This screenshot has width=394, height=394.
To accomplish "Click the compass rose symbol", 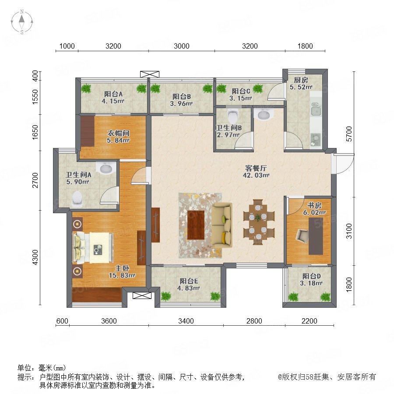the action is (x=22, y=22).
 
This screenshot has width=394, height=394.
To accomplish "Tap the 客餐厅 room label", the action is (x=256, y=168).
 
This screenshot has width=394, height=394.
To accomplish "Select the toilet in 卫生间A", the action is (x=77, y=199).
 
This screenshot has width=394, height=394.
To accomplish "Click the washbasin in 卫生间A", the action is (x=106, y=168).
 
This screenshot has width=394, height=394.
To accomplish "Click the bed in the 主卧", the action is (x=92, y=248).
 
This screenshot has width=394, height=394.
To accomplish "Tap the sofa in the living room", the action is (x=222, y=225).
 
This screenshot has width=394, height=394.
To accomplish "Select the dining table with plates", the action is (x=258, y=222).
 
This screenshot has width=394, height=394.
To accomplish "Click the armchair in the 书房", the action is (x=302, y=236).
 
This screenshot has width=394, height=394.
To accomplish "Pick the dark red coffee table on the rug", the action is (x=196, y=225).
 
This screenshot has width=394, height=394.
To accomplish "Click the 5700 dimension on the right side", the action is (x=349, y=134).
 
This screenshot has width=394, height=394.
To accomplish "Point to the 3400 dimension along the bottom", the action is (x=186, y=321).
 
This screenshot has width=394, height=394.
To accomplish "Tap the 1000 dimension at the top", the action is (x=67, y=46).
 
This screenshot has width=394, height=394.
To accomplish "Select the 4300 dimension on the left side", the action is (x=35, y=257).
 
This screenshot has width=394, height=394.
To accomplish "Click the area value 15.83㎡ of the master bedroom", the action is (x=122, y=275).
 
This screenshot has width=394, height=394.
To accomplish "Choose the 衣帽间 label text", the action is (x=118, y=133).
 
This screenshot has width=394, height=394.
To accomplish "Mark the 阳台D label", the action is (x=311, y=276).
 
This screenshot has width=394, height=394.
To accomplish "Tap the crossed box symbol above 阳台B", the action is (x=150, y=74).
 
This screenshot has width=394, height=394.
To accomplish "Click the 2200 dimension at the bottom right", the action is (x=310, y=321).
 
